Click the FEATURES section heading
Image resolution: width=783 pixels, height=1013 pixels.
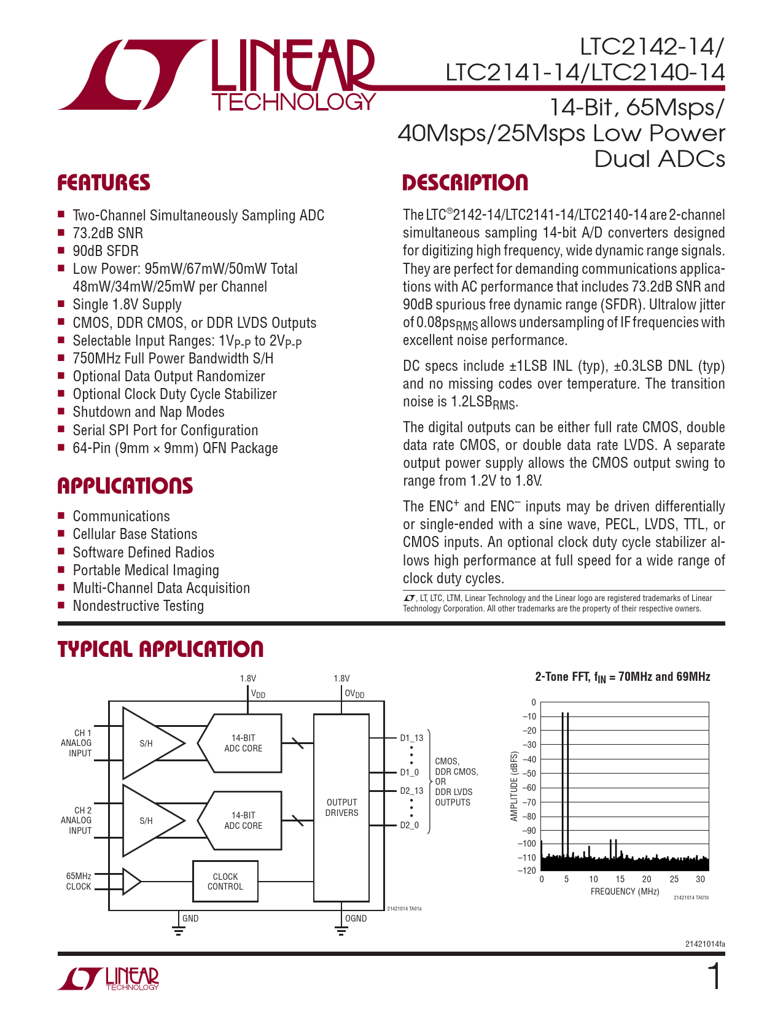(103, 183)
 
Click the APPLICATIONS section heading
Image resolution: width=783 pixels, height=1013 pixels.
(125, 486)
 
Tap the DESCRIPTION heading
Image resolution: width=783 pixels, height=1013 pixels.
(465, 183)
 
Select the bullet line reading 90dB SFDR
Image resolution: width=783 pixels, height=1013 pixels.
(106, 251)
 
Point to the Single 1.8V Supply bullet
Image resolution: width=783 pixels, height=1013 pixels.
(127, 305)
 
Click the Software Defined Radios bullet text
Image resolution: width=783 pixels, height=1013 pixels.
(143, 553)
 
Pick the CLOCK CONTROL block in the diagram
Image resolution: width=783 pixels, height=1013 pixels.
(225, 882)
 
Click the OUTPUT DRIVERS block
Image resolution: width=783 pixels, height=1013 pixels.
(341, 807)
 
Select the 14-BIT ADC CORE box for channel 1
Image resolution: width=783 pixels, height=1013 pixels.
(243, 743)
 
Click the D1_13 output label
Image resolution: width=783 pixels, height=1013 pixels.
(411, 738)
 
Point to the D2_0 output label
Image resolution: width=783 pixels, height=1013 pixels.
(410, 825)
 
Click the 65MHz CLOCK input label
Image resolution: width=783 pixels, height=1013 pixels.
(79, 881)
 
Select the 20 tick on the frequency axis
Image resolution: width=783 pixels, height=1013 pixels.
(647, 879)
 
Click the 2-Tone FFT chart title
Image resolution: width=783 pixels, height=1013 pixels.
(623, 677)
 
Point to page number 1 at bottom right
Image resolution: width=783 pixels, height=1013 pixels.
(714, 977)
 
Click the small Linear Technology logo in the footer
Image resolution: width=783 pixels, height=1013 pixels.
(109, 979)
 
